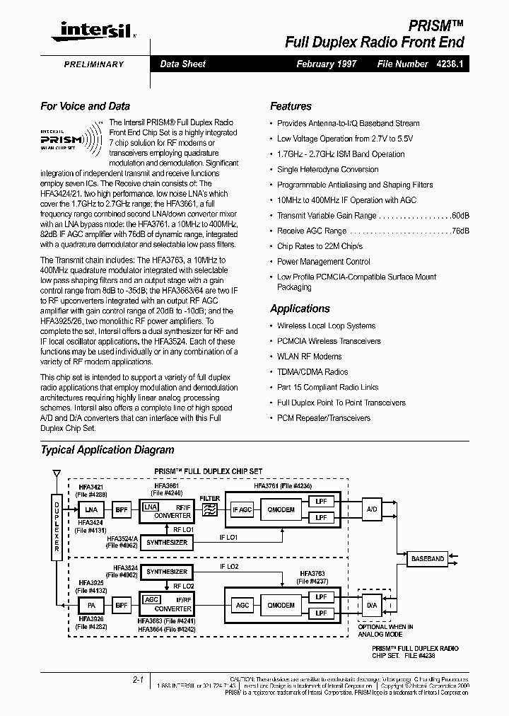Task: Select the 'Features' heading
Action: click(291, 106)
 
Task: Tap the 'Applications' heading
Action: click(300, 308)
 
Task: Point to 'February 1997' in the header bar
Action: click(327, 64)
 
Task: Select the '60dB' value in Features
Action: click(460, 216)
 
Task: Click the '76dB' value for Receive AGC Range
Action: click(460, 231)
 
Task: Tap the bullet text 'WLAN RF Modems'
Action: click(309, 357)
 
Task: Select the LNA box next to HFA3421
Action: click(90, 509)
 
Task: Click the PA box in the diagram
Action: click(90, 606)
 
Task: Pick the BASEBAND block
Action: click(428, 559)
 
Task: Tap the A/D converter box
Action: click(373, 509)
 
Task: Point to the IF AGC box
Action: click(242, 509)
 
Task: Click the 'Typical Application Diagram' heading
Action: click(107, 450)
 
